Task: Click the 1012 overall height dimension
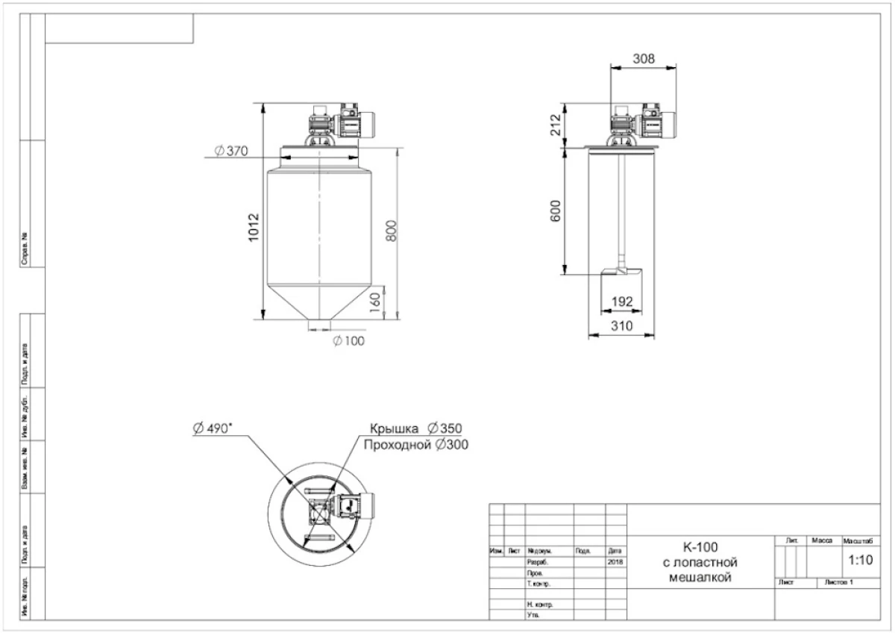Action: tap(254, 226)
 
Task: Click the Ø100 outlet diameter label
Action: tap(349, 341)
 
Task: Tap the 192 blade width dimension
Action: tap(621, 302)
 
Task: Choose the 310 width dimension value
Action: tap(621, 325)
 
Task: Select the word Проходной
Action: tap(396, 445)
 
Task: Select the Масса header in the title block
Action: tap(821, 539)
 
